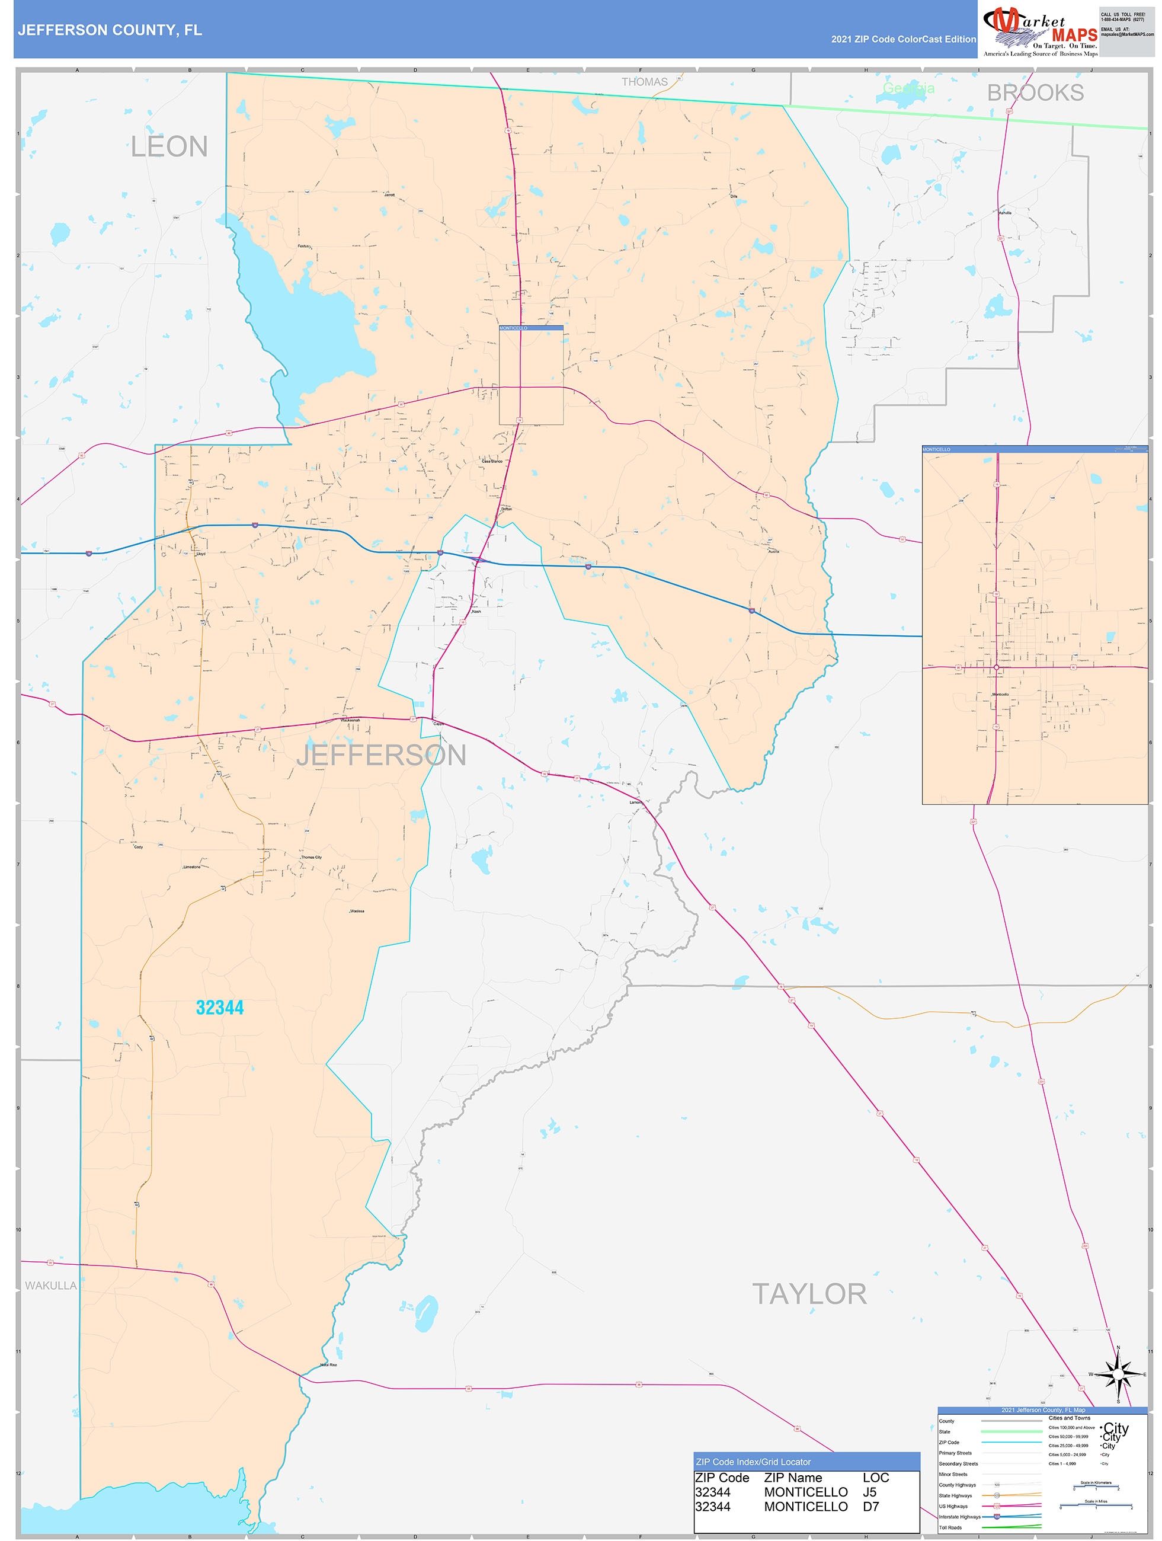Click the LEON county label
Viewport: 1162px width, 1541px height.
pos(169,147)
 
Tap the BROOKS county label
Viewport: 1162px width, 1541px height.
pos(1035,92)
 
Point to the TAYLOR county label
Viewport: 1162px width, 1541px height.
pos(809,1294)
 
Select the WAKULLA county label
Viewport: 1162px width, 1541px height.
pos(51,1286)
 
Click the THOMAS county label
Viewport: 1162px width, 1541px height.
pos(644,82)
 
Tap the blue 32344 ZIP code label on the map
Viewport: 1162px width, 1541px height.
pos(220,1008)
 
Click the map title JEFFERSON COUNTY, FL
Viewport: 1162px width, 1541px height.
pos(110,30)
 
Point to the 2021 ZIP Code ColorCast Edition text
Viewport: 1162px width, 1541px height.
pos(903,39)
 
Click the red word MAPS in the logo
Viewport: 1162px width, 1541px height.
pos(1074,35)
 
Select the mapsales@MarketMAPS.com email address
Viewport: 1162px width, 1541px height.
pos(1126,34)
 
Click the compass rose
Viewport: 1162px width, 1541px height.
pos(1118,1374)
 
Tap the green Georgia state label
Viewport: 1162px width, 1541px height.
pos(908,88)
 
